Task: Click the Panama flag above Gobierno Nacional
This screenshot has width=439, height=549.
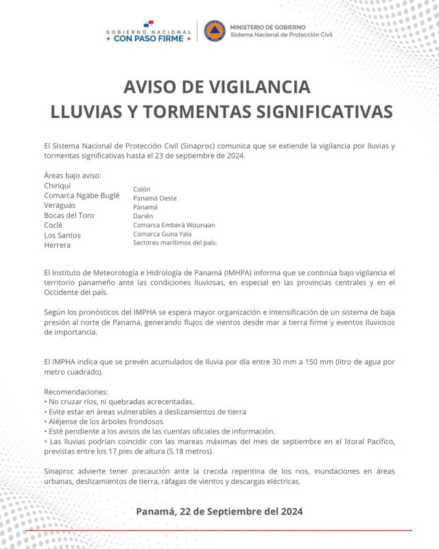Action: pos(149,25)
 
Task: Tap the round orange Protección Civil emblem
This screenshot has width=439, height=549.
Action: pos(214,31)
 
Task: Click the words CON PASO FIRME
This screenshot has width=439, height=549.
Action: pos(149,38)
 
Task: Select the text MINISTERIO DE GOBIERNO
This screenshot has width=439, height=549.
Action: pos(268,25)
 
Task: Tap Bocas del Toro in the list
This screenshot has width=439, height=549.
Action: pos(69,215)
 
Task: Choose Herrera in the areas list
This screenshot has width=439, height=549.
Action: pos(57,245)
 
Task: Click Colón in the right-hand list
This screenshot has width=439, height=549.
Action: pos(142,189)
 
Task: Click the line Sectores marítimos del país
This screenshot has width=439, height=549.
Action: pos(175,242)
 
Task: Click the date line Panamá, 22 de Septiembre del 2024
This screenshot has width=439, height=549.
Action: pos(219,511)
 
